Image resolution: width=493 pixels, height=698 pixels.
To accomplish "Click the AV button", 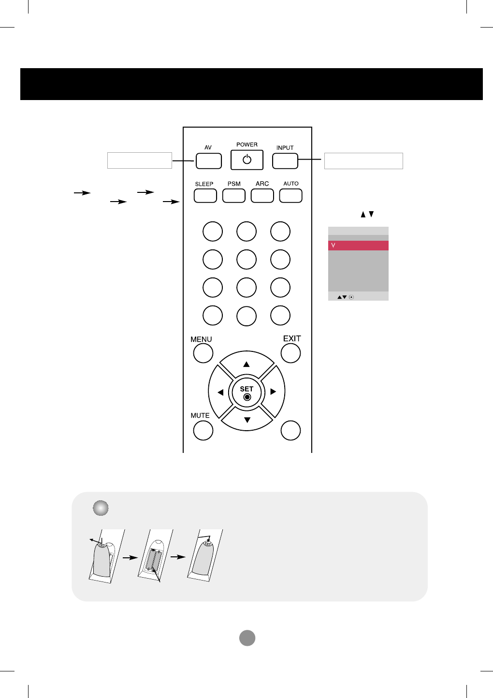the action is [209, 161].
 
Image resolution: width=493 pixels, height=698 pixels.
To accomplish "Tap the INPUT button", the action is [285, 161].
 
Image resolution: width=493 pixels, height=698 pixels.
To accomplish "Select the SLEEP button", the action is [205, 196].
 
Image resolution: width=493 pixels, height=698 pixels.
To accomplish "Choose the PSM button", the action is [234, 196].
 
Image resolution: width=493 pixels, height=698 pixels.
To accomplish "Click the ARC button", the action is [262, 196].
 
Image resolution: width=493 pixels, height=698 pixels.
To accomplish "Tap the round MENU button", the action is [203, 353].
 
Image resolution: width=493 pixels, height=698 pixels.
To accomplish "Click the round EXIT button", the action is [290, 353].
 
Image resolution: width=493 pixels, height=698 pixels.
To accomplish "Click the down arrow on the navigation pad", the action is [247, 420].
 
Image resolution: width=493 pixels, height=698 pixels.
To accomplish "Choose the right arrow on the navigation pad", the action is [273, 392].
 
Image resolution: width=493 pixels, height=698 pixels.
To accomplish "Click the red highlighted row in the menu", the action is [358, 246].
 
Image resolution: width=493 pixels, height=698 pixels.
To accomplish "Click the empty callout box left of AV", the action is [140, 160].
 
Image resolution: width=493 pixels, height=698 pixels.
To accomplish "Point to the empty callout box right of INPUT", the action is [363, 161].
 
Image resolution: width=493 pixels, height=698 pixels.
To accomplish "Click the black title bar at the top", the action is [251, 84].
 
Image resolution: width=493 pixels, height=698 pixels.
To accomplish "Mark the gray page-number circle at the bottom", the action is [247, 638].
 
